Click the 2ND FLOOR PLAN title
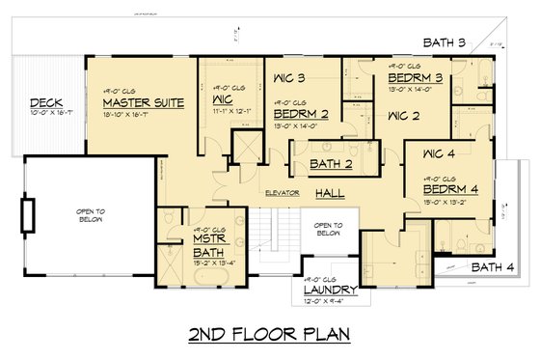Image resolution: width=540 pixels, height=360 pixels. (269, 334)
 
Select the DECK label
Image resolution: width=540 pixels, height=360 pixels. (45, 102)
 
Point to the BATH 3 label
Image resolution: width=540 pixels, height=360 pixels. (446, 42)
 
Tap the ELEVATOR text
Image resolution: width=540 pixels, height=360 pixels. (284, 193)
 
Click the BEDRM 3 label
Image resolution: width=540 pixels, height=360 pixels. (418, 76)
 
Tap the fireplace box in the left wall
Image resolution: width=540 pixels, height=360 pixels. (28, 213)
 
